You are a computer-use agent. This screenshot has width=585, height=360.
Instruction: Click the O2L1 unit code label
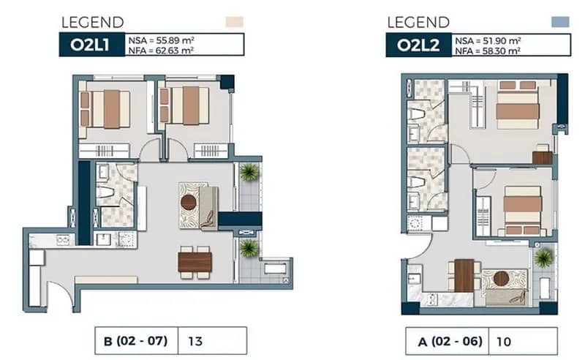pos(90,45)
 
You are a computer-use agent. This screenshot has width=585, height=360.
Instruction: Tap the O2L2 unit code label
pos(418,45)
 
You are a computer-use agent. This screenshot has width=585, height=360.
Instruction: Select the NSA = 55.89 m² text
pos(161,40)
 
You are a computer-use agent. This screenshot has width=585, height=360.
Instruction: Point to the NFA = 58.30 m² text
pos(488,50)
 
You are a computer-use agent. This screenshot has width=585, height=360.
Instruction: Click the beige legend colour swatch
pos(235,22)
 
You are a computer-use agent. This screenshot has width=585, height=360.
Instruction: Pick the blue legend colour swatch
pos(560,22)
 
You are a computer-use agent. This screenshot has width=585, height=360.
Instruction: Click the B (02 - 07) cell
pos(137,340)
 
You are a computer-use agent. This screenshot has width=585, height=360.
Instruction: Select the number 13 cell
pos(212,340)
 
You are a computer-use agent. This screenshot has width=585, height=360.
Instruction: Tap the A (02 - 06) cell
pos(447,341)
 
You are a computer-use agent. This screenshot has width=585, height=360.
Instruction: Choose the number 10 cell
pos(523,341)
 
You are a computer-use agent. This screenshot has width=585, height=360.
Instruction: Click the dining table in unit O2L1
pos(195,262)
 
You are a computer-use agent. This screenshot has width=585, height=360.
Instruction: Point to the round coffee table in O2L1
pos(189,202)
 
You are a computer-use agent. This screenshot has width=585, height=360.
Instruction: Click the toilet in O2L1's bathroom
pos(105,192)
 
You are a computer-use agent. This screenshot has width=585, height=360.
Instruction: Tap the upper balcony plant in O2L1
pos(249,172)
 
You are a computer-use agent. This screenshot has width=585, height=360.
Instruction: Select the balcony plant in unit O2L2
pos(543,258)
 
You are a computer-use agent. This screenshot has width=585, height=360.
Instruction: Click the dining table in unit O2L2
pos(464,276)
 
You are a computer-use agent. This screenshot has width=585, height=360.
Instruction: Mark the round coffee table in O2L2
pos(501,278)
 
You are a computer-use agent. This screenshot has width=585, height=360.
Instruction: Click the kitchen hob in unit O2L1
pos(64,239)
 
